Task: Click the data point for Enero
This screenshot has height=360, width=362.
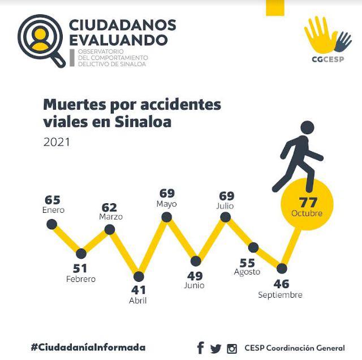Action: [52, 225]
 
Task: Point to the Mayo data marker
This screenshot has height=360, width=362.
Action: [167, 217]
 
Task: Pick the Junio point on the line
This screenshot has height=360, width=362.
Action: [196, 261]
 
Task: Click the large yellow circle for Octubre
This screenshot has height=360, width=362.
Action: [307, 204]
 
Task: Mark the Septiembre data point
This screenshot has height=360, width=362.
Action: [282, 268]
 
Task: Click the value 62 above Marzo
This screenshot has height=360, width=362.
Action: [110, 207]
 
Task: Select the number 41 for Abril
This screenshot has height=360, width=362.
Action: [138, 290]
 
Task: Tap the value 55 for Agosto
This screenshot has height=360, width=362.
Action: [247, 263]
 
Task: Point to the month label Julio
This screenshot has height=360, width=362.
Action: [225, 207]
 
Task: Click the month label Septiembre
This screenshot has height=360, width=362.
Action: [280, 295]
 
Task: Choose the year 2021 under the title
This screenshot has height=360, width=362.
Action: [57, 142]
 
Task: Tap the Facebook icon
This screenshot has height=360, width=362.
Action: [200, 348]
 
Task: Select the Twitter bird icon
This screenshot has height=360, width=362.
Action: [216, 348]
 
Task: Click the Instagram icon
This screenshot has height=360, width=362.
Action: [231, 348]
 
